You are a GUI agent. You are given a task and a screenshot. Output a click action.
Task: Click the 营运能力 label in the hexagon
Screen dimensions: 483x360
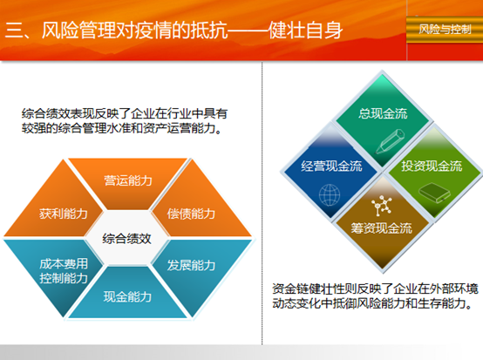tap(128, 180)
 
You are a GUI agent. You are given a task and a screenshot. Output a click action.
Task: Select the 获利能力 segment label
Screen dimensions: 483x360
tap(64, 214)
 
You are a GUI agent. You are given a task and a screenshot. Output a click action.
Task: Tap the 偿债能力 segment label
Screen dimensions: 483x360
tap(191, 214)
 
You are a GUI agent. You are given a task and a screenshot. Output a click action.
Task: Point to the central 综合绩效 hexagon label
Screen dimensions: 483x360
tap(126, 239)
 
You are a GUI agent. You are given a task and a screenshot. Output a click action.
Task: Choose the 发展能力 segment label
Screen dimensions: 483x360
tap(191, 265)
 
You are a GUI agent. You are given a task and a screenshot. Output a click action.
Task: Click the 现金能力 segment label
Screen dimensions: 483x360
tap(127, 296)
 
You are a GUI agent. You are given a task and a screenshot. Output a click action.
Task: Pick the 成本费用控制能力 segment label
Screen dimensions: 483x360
tap(64, 271)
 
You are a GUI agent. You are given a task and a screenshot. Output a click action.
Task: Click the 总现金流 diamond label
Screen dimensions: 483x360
tap(383, 113)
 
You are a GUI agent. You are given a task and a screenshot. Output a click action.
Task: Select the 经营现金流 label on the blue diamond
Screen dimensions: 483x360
tap(331, 166)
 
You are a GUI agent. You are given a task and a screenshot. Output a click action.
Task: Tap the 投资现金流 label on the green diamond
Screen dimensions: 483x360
tap(432, 166)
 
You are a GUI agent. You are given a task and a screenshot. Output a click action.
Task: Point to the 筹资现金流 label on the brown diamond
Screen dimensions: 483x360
tap(381, 228)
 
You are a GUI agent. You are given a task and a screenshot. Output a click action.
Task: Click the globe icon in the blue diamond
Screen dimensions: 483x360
tap(330, 195)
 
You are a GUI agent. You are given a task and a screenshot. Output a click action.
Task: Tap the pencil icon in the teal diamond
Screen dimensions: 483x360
tap(390, 142)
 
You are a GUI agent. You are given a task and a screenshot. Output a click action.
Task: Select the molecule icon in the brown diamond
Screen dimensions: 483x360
tap(381, 205)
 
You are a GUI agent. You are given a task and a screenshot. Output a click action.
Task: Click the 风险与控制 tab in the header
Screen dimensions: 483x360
tap(445, 30)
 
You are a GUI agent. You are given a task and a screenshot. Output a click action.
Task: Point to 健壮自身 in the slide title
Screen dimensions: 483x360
tap(305, 31)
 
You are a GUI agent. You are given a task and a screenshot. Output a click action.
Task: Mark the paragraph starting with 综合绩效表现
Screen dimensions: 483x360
tap(125, 121)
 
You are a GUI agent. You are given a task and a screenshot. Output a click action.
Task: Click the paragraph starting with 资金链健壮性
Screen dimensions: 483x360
tap(375, 296)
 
